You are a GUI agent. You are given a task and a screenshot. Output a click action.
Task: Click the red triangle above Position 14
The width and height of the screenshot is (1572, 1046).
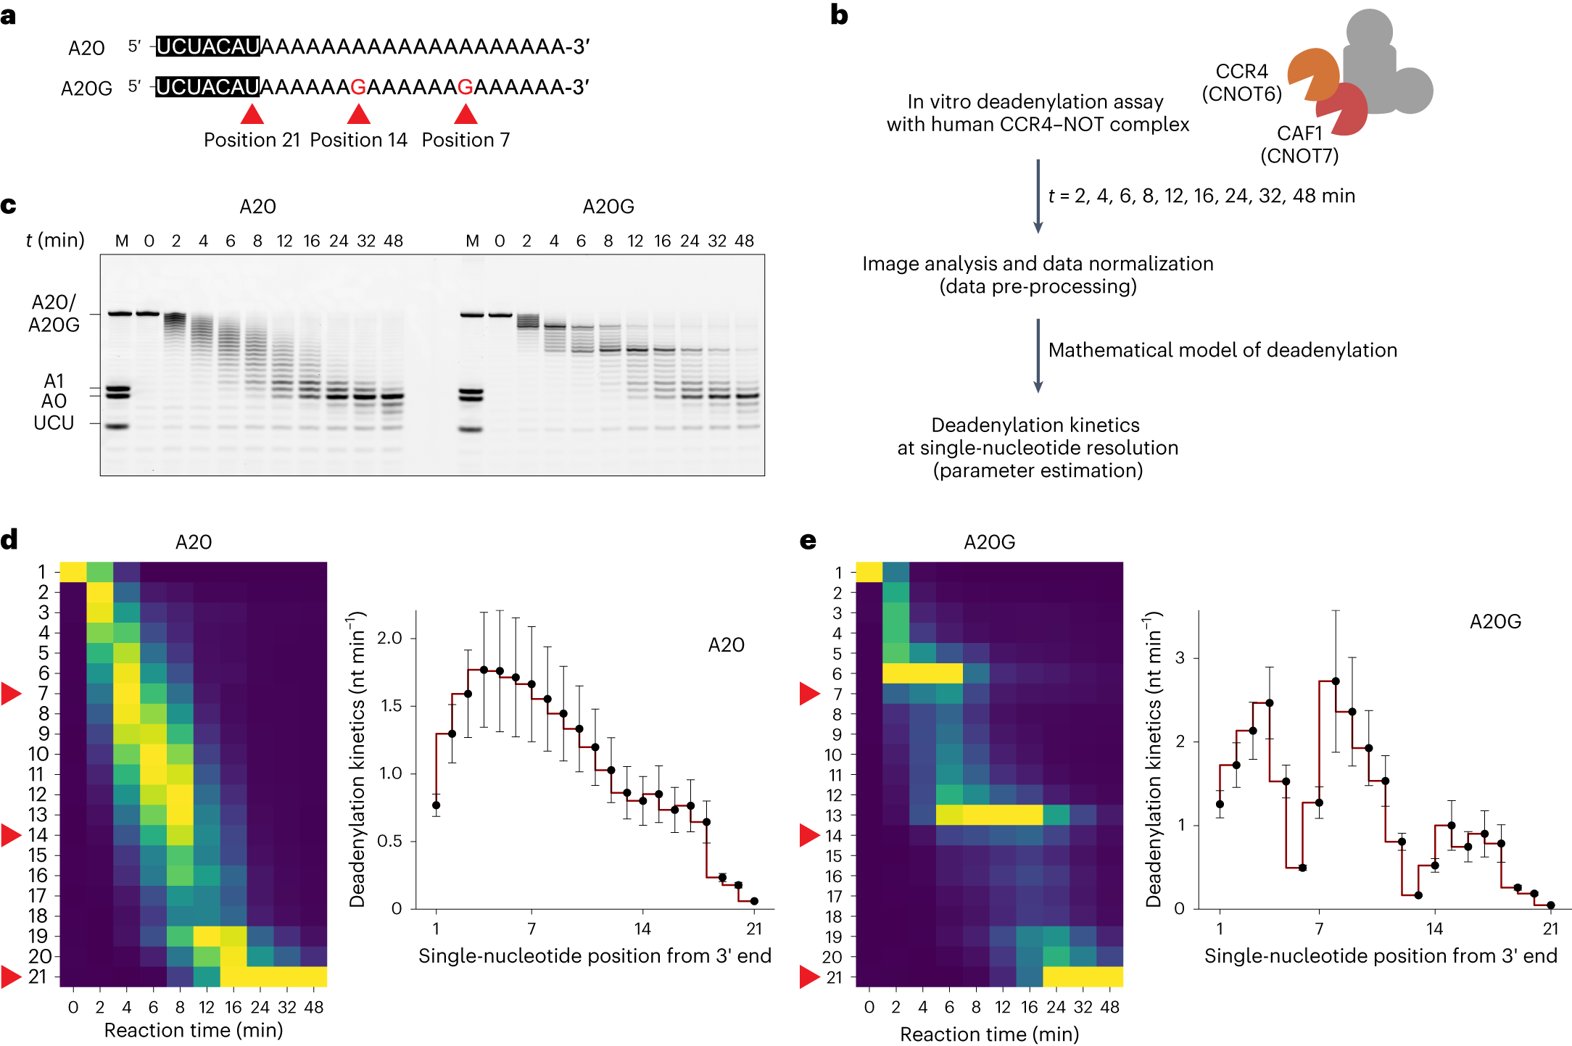359,115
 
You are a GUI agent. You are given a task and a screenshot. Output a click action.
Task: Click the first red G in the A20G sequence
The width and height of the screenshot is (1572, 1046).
358,87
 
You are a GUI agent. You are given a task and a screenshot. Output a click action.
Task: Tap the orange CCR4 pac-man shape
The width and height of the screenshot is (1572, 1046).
1311,73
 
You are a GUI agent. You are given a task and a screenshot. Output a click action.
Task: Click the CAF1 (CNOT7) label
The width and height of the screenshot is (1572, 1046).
1299,144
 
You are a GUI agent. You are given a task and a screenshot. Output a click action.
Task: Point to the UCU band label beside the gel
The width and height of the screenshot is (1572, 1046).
54,423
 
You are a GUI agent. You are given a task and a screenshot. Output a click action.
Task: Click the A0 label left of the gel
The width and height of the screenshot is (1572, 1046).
54,402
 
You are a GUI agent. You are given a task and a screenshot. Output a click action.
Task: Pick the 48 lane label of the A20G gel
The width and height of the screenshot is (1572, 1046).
744,241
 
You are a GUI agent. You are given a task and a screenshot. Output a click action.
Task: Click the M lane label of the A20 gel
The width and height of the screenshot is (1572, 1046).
122,241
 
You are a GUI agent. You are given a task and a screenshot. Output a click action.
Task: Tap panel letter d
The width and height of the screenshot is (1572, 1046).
9,540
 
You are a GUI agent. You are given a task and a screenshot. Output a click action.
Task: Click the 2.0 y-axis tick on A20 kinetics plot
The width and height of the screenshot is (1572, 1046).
389,638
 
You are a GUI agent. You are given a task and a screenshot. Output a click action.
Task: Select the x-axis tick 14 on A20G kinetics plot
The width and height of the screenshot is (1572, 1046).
1434,929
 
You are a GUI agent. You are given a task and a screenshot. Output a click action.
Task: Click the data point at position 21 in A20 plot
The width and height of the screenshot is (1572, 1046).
754,901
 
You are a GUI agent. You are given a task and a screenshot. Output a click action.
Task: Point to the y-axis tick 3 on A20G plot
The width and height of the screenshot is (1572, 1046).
1180,658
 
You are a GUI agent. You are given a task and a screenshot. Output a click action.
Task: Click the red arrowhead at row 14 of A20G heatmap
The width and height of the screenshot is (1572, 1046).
809,835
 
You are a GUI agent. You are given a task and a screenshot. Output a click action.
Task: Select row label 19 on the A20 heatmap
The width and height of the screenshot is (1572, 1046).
38,937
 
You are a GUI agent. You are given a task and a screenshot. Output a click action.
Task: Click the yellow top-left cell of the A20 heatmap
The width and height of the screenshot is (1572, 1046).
73,572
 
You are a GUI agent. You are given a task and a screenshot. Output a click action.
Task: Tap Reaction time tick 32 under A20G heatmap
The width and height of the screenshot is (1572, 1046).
1083,1007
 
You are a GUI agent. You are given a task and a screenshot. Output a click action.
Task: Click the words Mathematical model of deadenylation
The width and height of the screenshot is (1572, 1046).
1223,350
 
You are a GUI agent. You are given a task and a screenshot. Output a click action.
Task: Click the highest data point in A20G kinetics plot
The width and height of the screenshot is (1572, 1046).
1336,681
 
